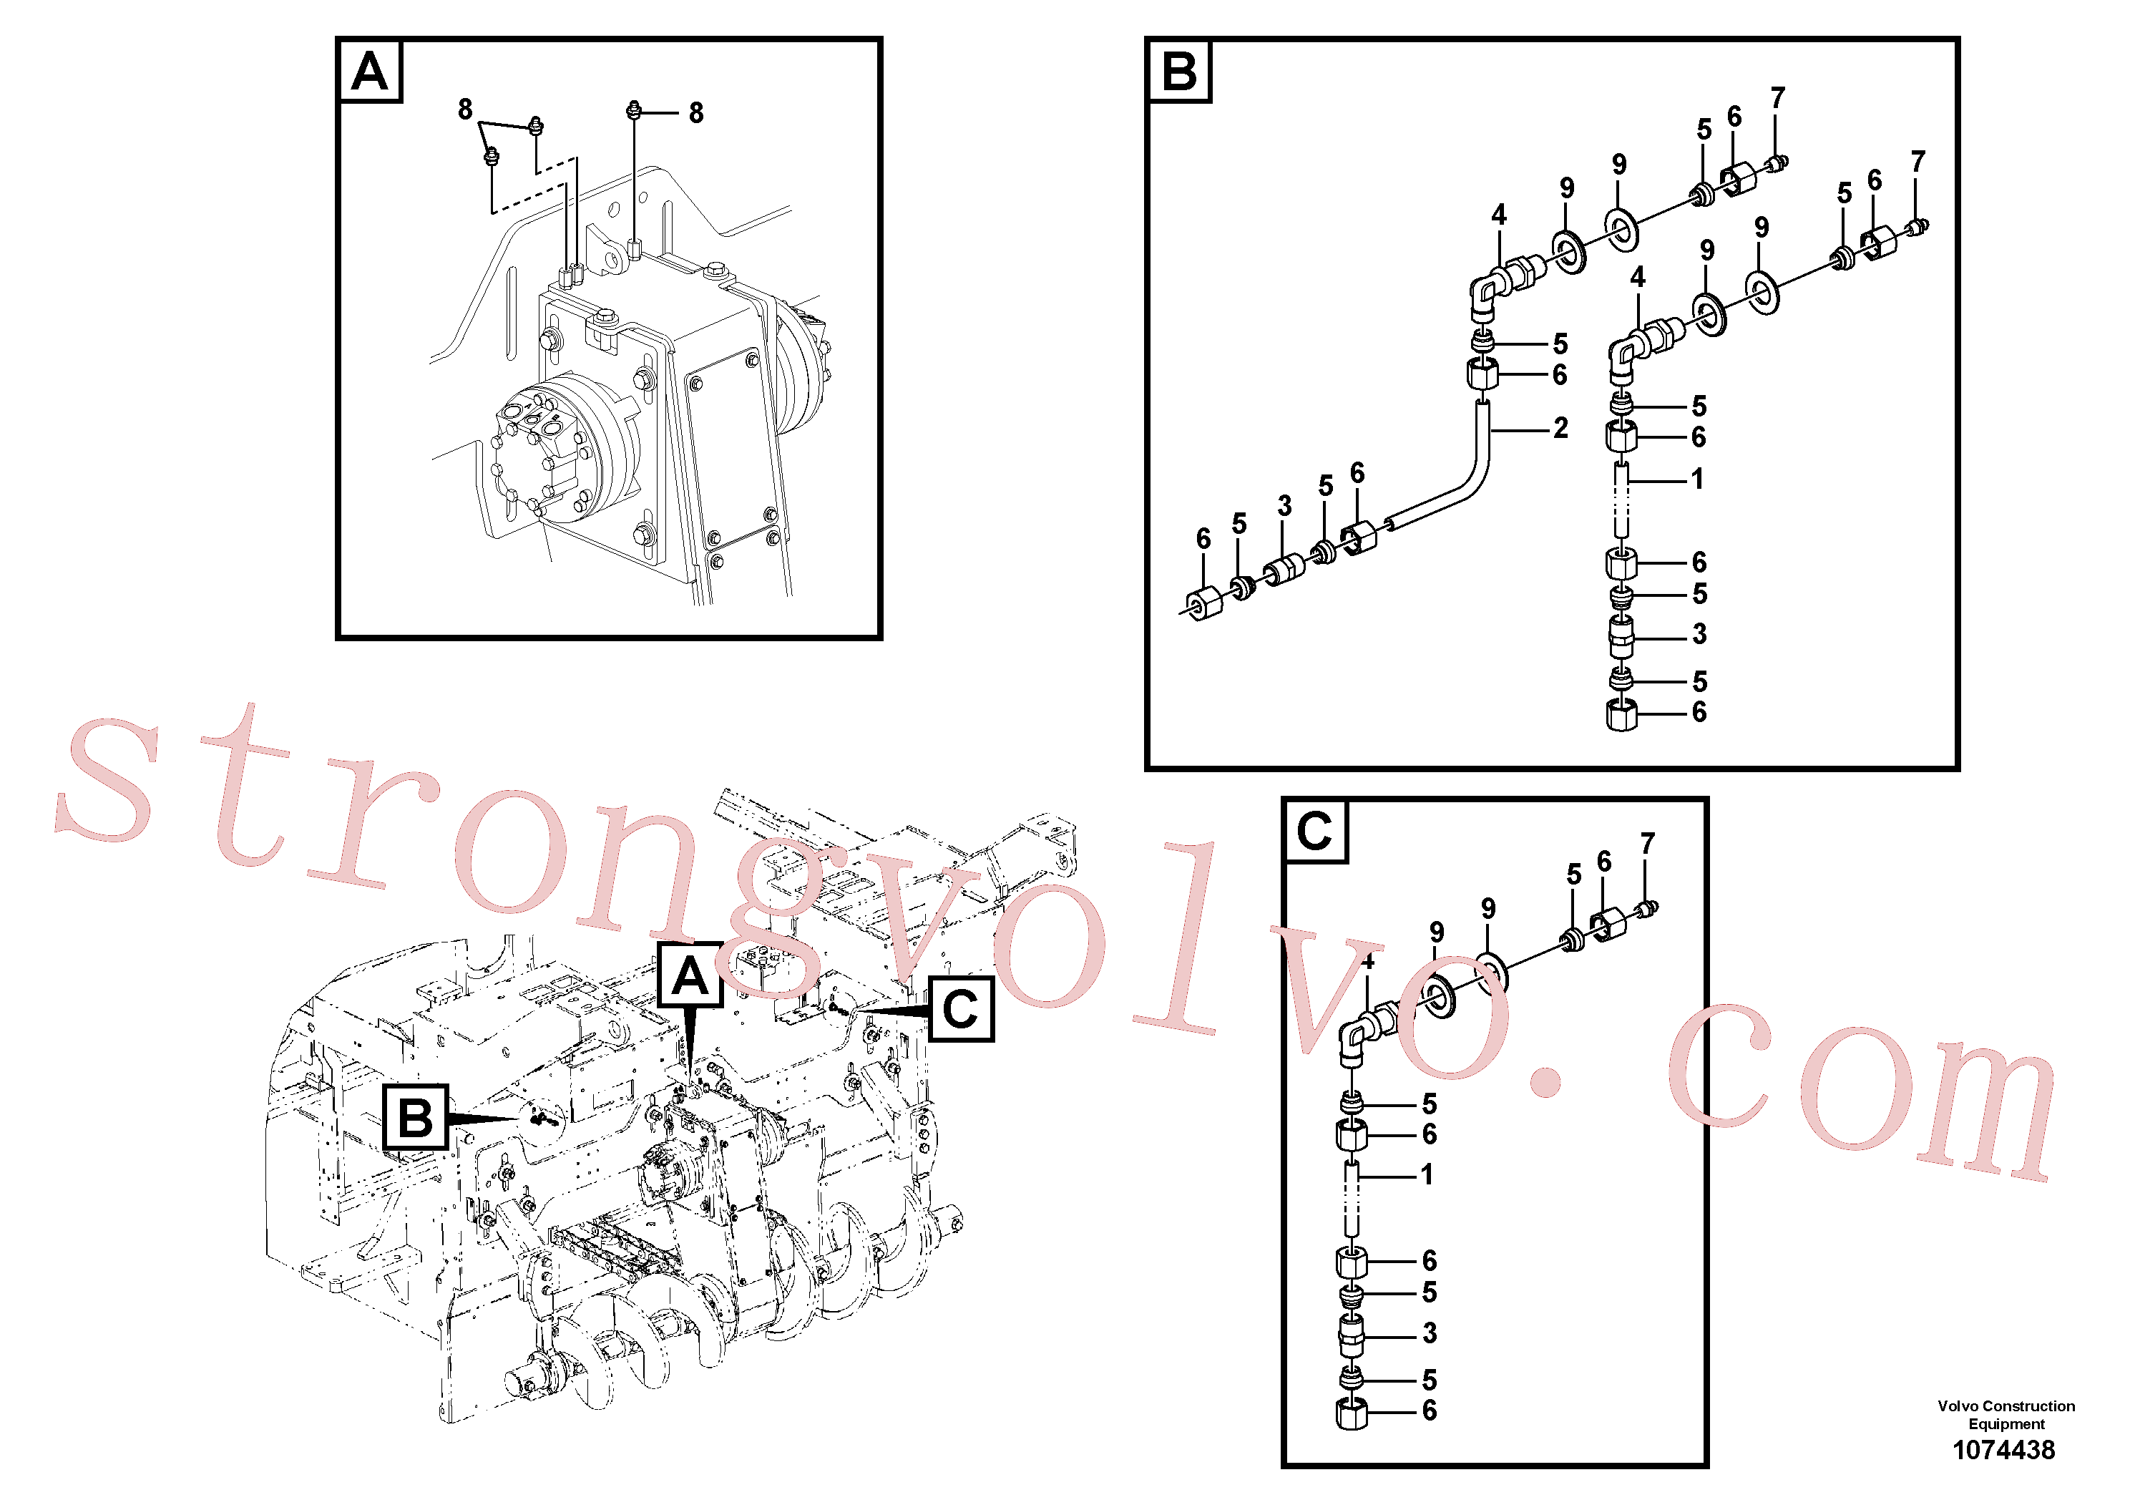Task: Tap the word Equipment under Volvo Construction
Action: point(2006,1423)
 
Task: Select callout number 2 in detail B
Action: point(1560,428)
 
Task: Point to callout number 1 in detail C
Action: point(1427,1174)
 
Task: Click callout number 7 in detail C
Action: point(1648,844)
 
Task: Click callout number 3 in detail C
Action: point(1430,1333)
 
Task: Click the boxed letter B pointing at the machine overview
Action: point(415,1117)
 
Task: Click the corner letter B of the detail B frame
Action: point(1179,71)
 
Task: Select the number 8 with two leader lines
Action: point(466,109)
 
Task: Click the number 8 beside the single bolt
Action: point(695,113)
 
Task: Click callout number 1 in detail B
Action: point(1696,479)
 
